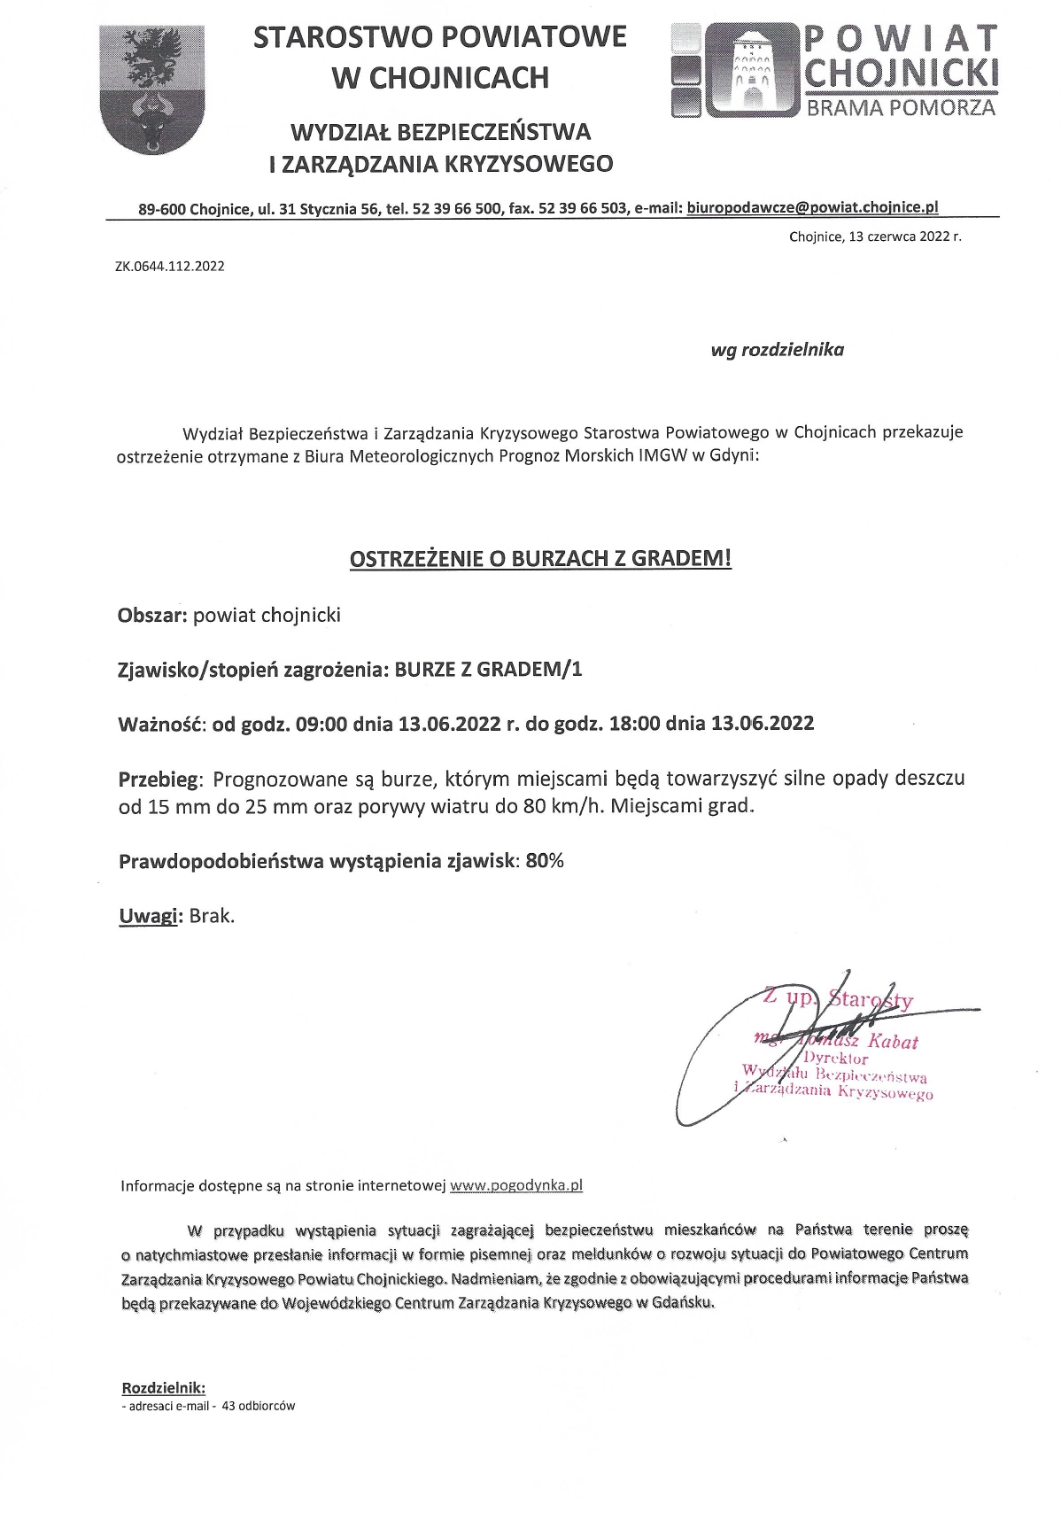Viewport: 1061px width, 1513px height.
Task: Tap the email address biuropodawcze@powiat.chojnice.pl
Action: pyautogui.click(x=812, y=208)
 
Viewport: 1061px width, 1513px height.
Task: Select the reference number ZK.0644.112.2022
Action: pyautogui.click(x=169, y=265)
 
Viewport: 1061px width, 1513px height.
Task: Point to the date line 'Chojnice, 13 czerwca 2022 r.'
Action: pyautogui.click(x=874, y=237)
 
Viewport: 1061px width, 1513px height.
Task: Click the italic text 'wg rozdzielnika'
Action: pyautogui.click(x=777, y=349)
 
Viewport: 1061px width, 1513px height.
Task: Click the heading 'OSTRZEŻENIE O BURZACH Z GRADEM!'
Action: pyautogui.click(x=540, y=559)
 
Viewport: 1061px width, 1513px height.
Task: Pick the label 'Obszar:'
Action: pyautogui.click(x=152, y=615)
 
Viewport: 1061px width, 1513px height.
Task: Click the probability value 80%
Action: pyautogui.click(x=544, y=861)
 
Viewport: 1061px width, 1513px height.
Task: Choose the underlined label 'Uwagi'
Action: pyautogui.click(x=149, y=916)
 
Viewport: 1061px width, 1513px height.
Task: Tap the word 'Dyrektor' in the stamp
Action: pyautogui.click(x=836, y=1059)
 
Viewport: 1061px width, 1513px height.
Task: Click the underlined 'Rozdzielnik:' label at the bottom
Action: pyautogui.click(x=163, y=1387)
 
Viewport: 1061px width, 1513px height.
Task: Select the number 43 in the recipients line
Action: pyautogui.click(x=229, y=1406)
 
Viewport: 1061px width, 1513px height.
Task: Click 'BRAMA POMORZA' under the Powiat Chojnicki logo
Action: pyautogui.click(x=901, y=108)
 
